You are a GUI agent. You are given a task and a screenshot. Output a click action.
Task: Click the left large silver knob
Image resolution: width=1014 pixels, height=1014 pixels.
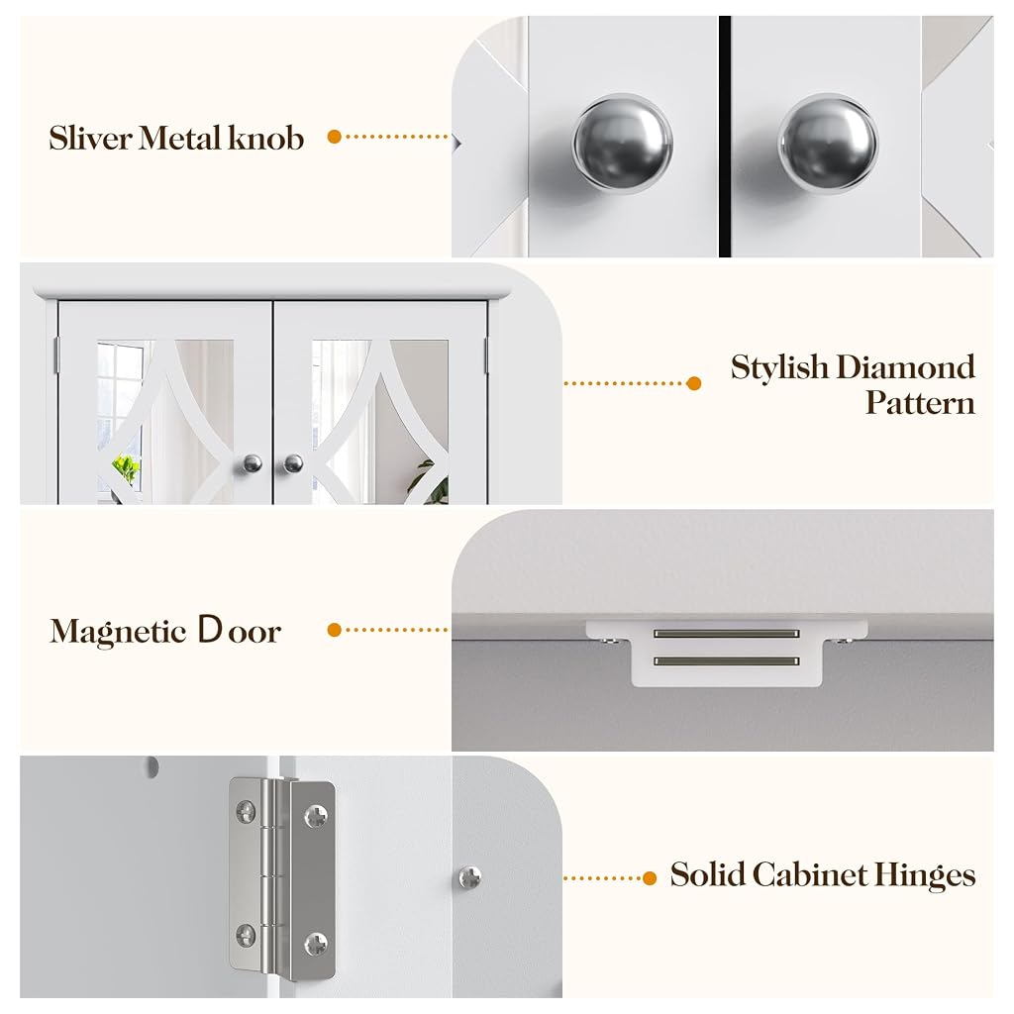coord(622,144)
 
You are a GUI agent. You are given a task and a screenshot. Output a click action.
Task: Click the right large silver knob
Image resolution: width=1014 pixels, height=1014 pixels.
coord(828,144)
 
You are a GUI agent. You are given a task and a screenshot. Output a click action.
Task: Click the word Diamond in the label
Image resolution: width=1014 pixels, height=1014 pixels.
coord(905,367)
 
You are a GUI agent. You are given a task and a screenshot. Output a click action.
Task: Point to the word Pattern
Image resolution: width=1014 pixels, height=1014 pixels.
coord(920,403)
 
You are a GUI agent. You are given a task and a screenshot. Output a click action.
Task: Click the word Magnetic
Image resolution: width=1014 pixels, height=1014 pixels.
coord(119,632)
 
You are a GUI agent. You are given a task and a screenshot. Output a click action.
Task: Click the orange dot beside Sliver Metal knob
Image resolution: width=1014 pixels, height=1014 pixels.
coord(335,137)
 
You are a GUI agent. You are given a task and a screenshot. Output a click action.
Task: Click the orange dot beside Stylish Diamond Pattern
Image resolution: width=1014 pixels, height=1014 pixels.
coord(694,383)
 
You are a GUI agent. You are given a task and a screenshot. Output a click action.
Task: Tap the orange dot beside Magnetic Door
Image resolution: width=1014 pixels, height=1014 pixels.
coord(335,629)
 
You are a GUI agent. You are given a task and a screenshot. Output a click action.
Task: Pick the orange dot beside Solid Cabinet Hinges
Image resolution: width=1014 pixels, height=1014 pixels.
coord(650,877)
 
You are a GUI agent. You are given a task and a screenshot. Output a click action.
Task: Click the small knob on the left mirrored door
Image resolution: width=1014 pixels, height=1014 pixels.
coord(253,463)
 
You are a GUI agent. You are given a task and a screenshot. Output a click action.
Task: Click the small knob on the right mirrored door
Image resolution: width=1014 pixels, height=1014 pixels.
coord(293,463)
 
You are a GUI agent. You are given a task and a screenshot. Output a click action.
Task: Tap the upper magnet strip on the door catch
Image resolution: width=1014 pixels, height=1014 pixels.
coord(726,634)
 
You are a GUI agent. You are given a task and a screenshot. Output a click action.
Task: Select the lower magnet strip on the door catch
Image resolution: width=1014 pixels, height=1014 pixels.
coord(726,660)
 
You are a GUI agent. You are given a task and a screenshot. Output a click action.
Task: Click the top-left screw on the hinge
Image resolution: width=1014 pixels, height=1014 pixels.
coord(246,811)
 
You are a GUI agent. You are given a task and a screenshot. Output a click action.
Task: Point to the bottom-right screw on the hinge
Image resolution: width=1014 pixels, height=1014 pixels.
coord(316,945)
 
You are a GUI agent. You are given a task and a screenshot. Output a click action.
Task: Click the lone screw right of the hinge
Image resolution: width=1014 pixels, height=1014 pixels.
coord(470,877)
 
